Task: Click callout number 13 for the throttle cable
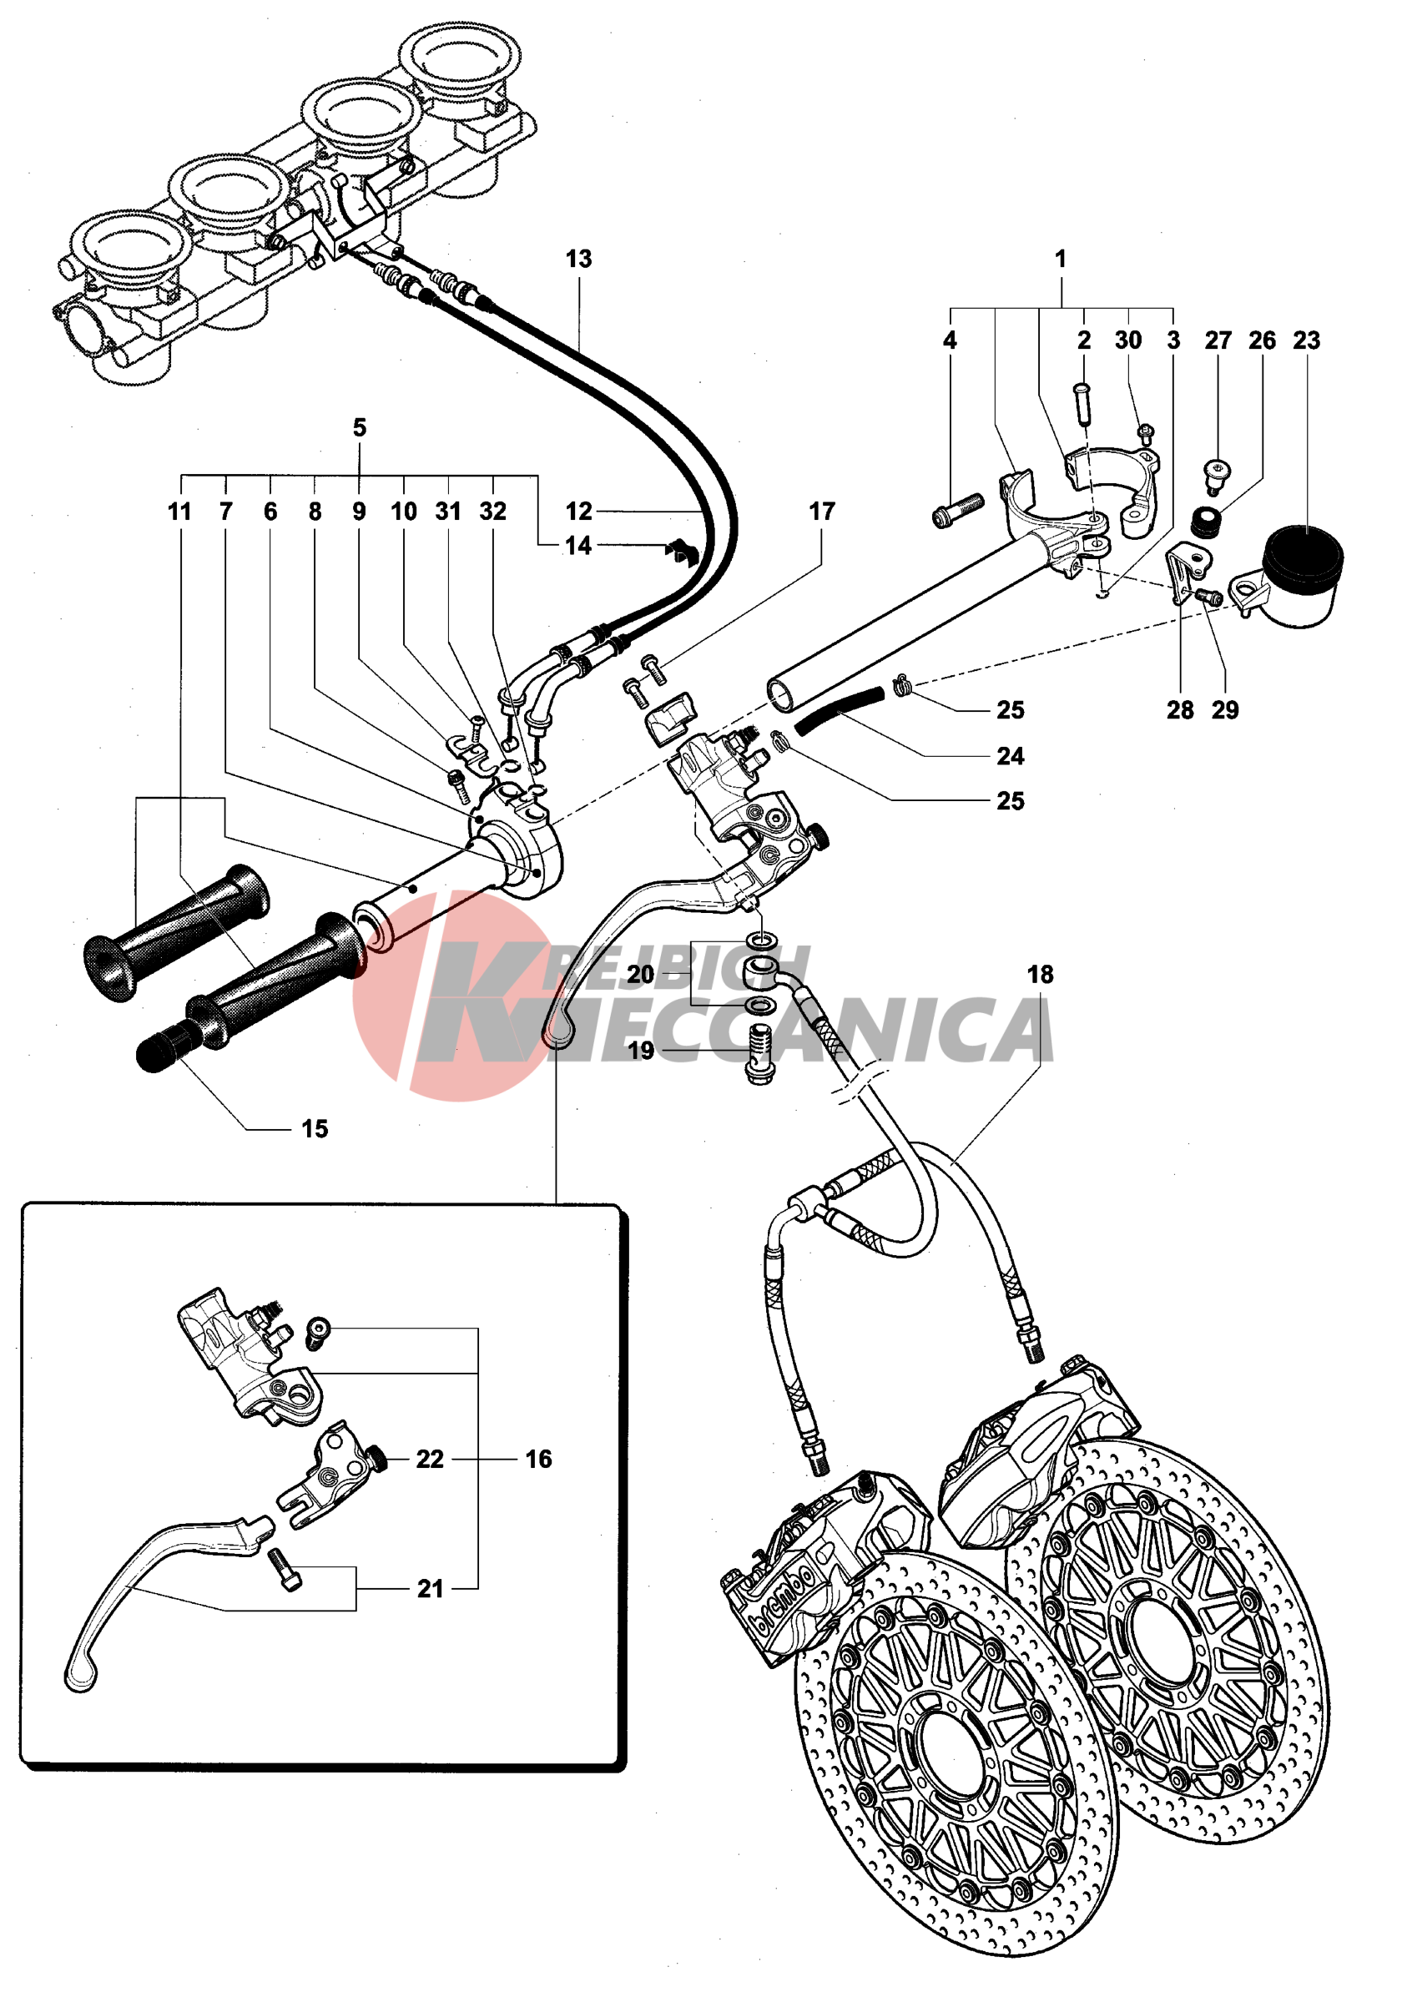(x=578, y=259)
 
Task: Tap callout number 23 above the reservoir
(x=1305, y=340)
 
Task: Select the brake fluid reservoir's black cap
(x=1302, y=550)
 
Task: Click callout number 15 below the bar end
(x=314, y=1129)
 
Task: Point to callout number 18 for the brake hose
(x=1040, y=975)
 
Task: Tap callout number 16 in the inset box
(x=537, y=1460)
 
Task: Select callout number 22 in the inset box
(x=430, y=1460)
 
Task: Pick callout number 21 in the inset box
(x=431, y=1589)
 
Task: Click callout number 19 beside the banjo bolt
(x=640, y=1051)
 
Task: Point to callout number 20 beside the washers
(x=640, y=975)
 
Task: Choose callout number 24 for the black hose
(x=1010, y=756)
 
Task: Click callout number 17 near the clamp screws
(x=821, y=511)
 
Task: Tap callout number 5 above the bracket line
(x=359, y=427)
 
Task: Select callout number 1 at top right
(x=1060, y=259)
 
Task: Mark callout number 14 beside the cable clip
(x=577, y=545)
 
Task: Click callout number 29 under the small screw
(x=1225, y=709)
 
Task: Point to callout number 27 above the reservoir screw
(x=1218, y=340)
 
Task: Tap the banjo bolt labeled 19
(x=759, y=1053)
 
